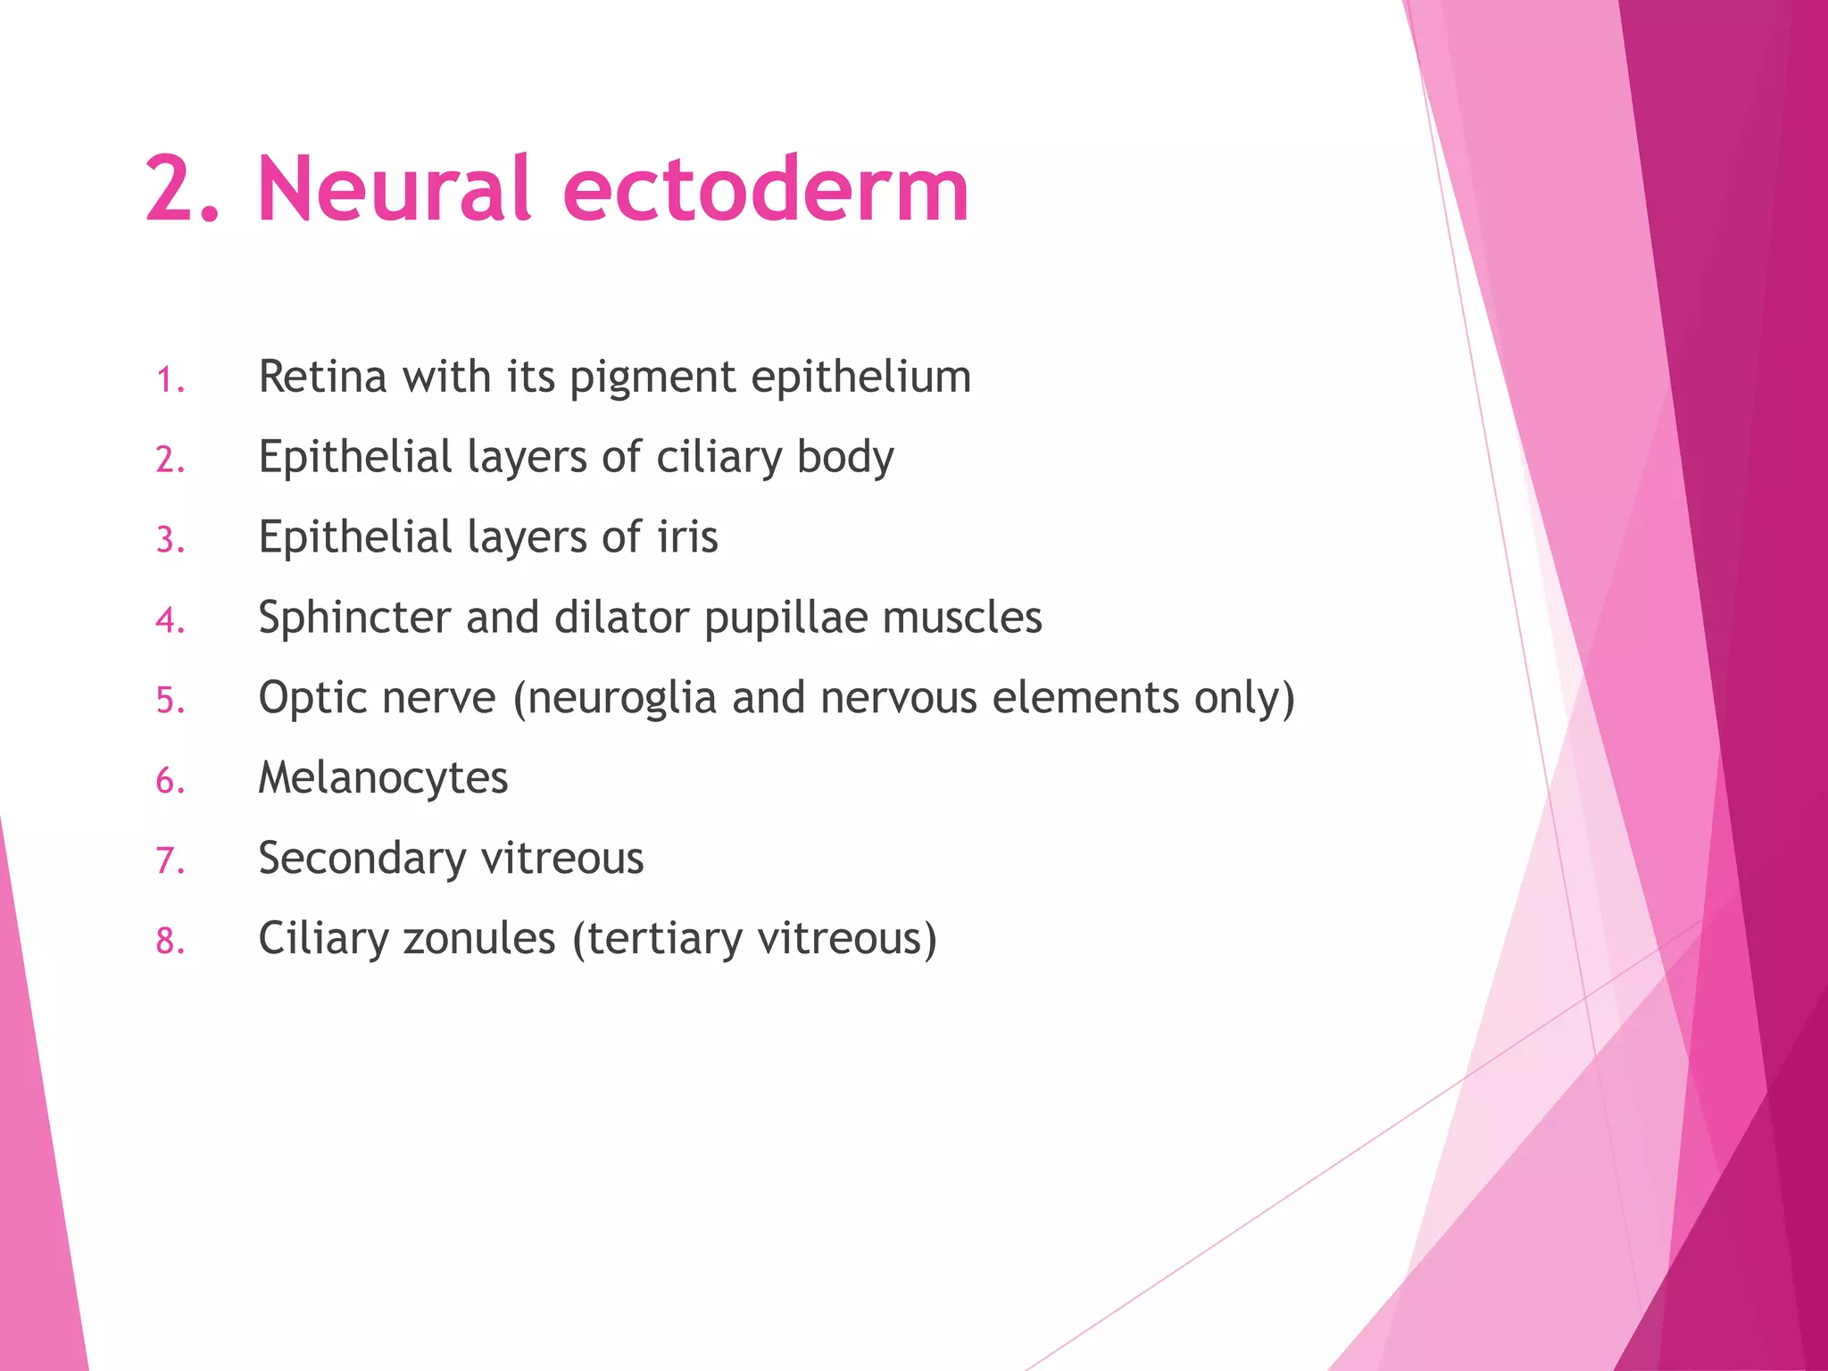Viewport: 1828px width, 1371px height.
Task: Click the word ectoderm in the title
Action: click(765, 189)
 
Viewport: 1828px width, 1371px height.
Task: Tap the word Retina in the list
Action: click(323, 377)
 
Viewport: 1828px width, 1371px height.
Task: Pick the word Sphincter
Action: click(354, 618)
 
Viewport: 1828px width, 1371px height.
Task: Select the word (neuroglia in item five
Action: click(615, 699)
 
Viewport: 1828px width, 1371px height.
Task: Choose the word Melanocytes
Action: click(383, 777)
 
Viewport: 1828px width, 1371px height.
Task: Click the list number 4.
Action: click(170, 620)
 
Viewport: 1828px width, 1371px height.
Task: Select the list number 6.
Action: click(170, 781)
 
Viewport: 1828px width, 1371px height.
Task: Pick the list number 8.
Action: click(170, 942)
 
